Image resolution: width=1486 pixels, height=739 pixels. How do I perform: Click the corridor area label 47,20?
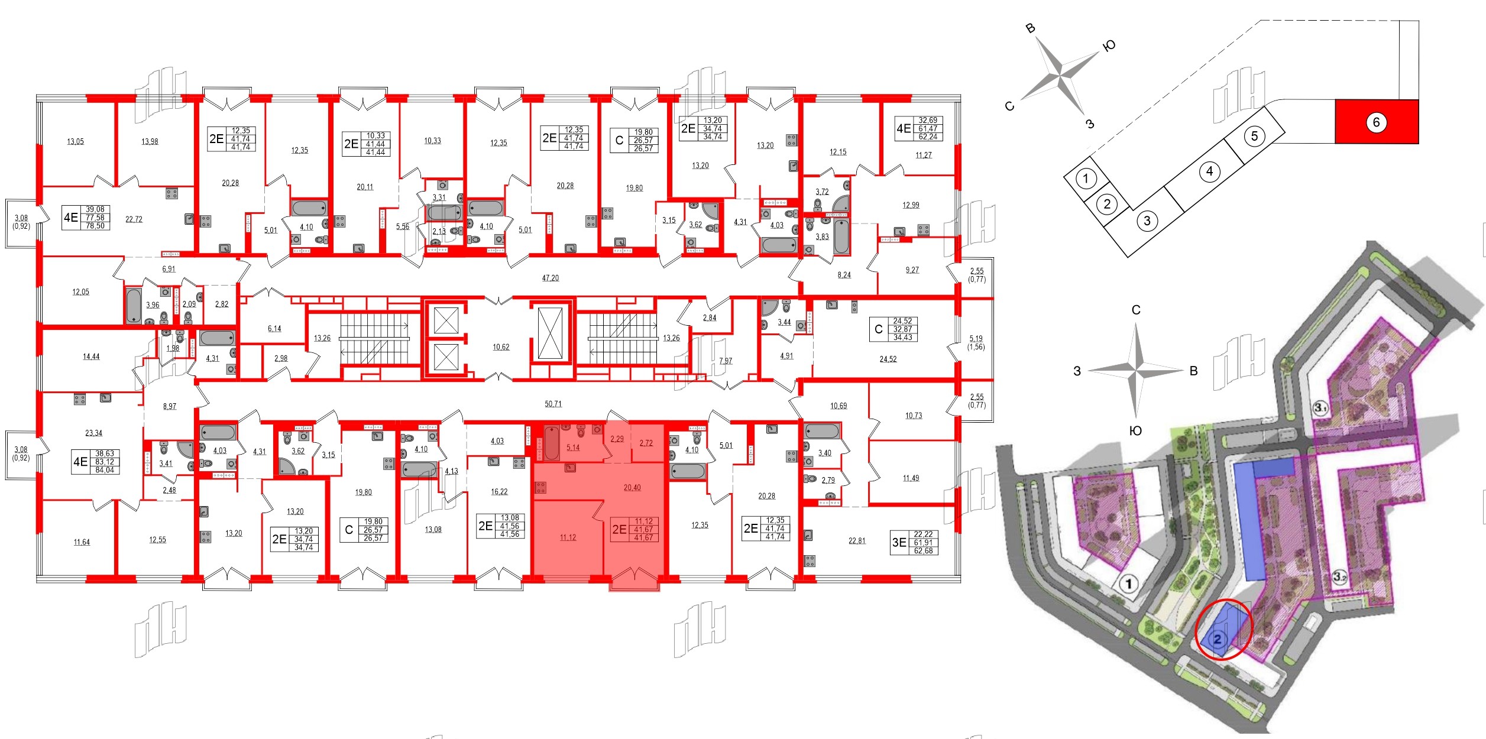tap(550, 278)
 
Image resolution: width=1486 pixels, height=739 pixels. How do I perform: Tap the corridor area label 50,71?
tap(553, 404)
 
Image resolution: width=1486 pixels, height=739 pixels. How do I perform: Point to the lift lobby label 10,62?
tap(501, 347)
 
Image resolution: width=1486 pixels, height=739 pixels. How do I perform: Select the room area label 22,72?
tap(134, 219)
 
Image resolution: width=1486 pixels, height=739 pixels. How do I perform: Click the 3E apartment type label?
tap(899, 542)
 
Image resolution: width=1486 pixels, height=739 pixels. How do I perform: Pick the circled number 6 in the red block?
tap(1376, 122)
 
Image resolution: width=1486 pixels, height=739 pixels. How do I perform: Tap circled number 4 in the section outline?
tap(1209, 171)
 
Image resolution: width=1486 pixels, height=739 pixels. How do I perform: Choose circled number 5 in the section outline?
tap(1254, 137)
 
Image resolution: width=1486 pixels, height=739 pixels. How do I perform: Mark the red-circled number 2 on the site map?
tap(1218, 639)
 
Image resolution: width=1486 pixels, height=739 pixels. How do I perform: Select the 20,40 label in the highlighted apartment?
tap(632, 488)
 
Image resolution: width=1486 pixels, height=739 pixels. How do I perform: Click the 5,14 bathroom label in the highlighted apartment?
tap(572, 448)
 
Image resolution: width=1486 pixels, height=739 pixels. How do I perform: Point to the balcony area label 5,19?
tap(976, 339)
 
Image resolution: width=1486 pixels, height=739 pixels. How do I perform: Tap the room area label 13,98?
tap(150, 141)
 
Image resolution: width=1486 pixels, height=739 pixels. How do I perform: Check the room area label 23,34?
tap(93, 433)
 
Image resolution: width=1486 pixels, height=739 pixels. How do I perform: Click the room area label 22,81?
tap(856, 540)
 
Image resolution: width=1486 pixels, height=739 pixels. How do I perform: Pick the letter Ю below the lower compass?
tap(1135, 431)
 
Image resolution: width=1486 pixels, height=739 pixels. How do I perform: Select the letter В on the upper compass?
tap(1030, 28)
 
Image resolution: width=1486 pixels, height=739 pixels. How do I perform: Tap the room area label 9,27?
tap(912, 270)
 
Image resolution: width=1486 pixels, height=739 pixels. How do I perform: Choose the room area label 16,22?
tap(498, 491)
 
